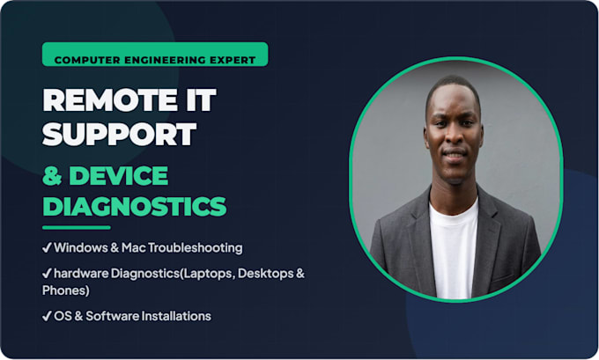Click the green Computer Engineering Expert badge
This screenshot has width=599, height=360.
tap(155, 55)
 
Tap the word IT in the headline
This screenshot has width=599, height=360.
tap(201, 100)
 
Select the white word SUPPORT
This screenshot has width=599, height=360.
tap(119, 134)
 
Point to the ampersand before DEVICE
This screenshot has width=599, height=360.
tap(52, 176)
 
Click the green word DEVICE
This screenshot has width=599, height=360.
tap(118, 176)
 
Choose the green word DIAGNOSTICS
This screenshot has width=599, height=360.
tap(135, 206)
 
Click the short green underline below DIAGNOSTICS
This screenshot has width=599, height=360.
tap(77, 227)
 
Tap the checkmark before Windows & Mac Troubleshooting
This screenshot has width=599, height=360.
tap(47, 248)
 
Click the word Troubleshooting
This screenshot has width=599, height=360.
tap(195, 248)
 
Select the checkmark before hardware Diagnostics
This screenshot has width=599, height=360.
tap(47, 274)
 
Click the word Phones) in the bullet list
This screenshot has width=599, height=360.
tap(66, 290)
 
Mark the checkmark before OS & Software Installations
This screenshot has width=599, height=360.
tap(47, 316)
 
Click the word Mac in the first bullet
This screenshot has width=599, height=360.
tap(133, 248)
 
